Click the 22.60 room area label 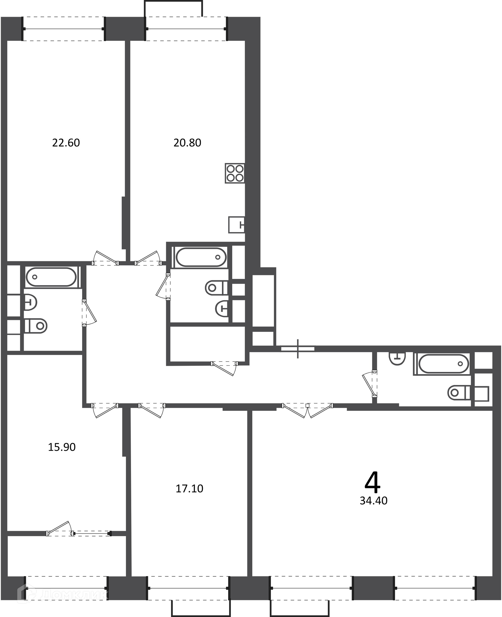[66, 143]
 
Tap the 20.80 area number [187, 143]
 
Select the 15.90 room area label [62, 447]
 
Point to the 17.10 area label [189, 489]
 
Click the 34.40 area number [374, 500]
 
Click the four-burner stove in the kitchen [235, 173]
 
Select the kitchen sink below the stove [237, 225]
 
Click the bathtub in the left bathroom [52, 277]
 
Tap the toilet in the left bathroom [36, 326]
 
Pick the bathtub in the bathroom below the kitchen [202, 257]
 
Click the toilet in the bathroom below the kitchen [216, 288]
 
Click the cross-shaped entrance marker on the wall [298, 349]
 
